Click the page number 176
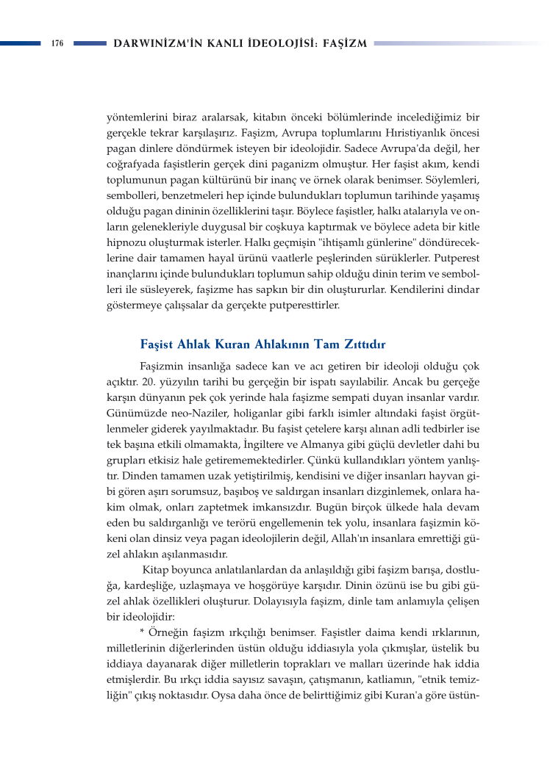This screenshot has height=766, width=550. click(x=57, y=43)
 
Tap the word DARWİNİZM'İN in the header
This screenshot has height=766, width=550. click(x=153, y=43)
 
